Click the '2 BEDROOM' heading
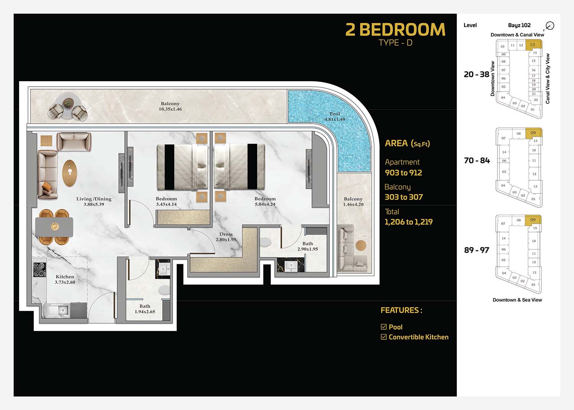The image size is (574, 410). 395,30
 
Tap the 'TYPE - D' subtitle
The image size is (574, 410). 395,42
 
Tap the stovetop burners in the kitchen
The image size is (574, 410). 40,270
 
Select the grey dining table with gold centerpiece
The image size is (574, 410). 54,227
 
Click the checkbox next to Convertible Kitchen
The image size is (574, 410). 383,336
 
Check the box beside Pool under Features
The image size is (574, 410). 383,327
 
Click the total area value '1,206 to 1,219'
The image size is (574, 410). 408,222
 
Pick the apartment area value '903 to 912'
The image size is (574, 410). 403,173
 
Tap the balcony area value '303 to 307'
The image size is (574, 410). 404,197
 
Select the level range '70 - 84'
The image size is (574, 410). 477,160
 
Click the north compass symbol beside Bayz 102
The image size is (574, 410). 550,26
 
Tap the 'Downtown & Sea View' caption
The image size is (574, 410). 517,300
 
